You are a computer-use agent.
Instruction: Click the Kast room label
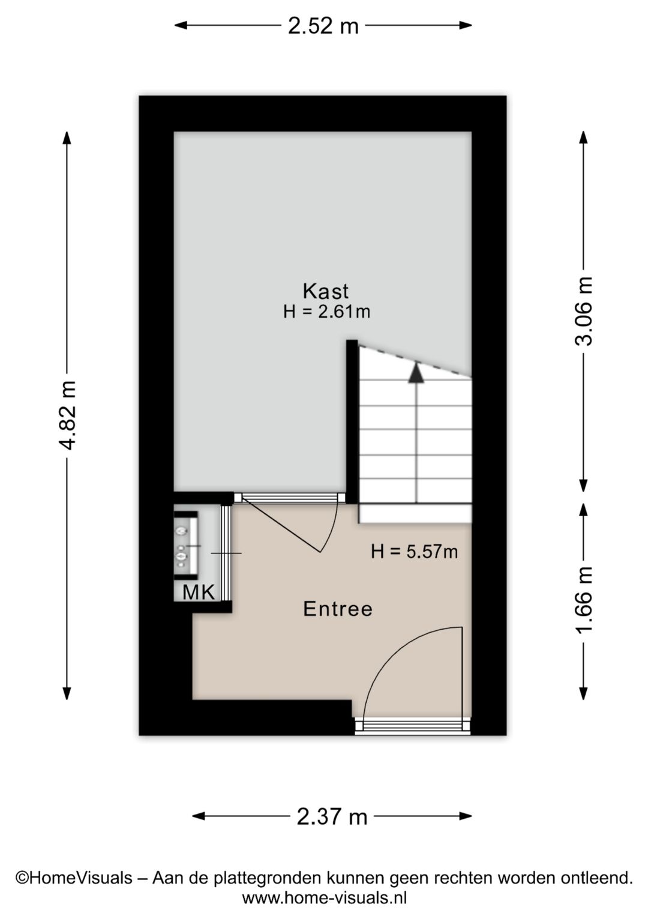coord(325,291)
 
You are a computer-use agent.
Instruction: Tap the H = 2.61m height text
coord(326,312)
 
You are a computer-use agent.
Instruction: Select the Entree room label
coord(338,609)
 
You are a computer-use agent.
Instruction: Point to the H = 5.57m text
coord(414,551)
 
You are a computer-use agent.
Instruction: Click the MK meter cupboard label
coord(199,592)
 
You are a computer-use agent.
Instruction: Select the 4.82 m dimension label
coord(67,415)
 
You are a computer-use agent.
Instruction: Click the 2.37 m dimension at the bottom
coord(332,816)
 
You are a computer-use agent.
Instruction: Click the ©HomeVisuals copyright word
coord(74,878)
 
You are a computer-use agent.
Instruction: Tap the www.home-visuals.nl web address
coord(325,898)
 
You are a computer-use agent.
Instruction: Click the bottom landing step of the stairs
coord(415,514)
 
